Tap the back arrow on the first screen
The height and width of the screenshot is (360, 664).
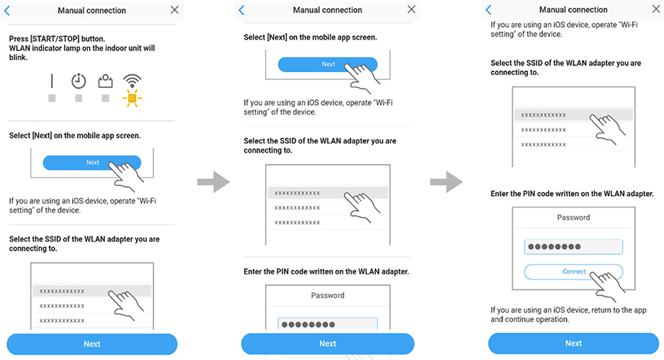coord(8,10)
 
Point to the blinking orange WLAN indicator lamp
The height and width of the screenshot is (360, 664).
coord(131,98)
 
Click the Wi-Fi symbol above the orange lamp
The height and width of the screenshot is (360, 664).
coord(131,80)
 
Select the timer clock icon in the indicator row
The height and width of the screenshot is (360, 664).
coord(78,81)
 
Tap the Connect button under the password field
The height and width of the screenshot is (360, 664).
coord(573,271)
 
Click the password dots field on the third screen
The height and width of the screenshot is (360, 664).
coord(573,247)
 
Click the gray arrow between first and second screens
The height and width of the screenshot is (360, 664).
coord(212,182)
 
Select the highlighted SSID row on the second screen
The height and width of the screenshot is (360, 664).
coord(328,193)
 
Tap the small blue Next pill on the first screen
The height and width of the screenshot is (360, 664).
coord(92,162)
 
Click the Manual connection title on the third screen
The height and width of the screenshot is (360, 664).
coord(574,9)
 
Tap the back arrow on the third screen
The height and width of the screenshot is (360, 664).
coord(489,9)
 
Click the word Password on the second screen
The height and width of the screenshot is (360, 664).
coord(328,295)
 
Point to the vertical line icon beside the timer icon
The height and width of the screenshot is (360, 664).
coord(52,81)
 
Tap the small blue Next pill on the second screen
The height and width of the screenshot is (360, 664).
coord(328,64)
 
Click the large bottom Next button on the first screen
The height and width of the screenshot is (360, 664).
coord(91,344)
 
